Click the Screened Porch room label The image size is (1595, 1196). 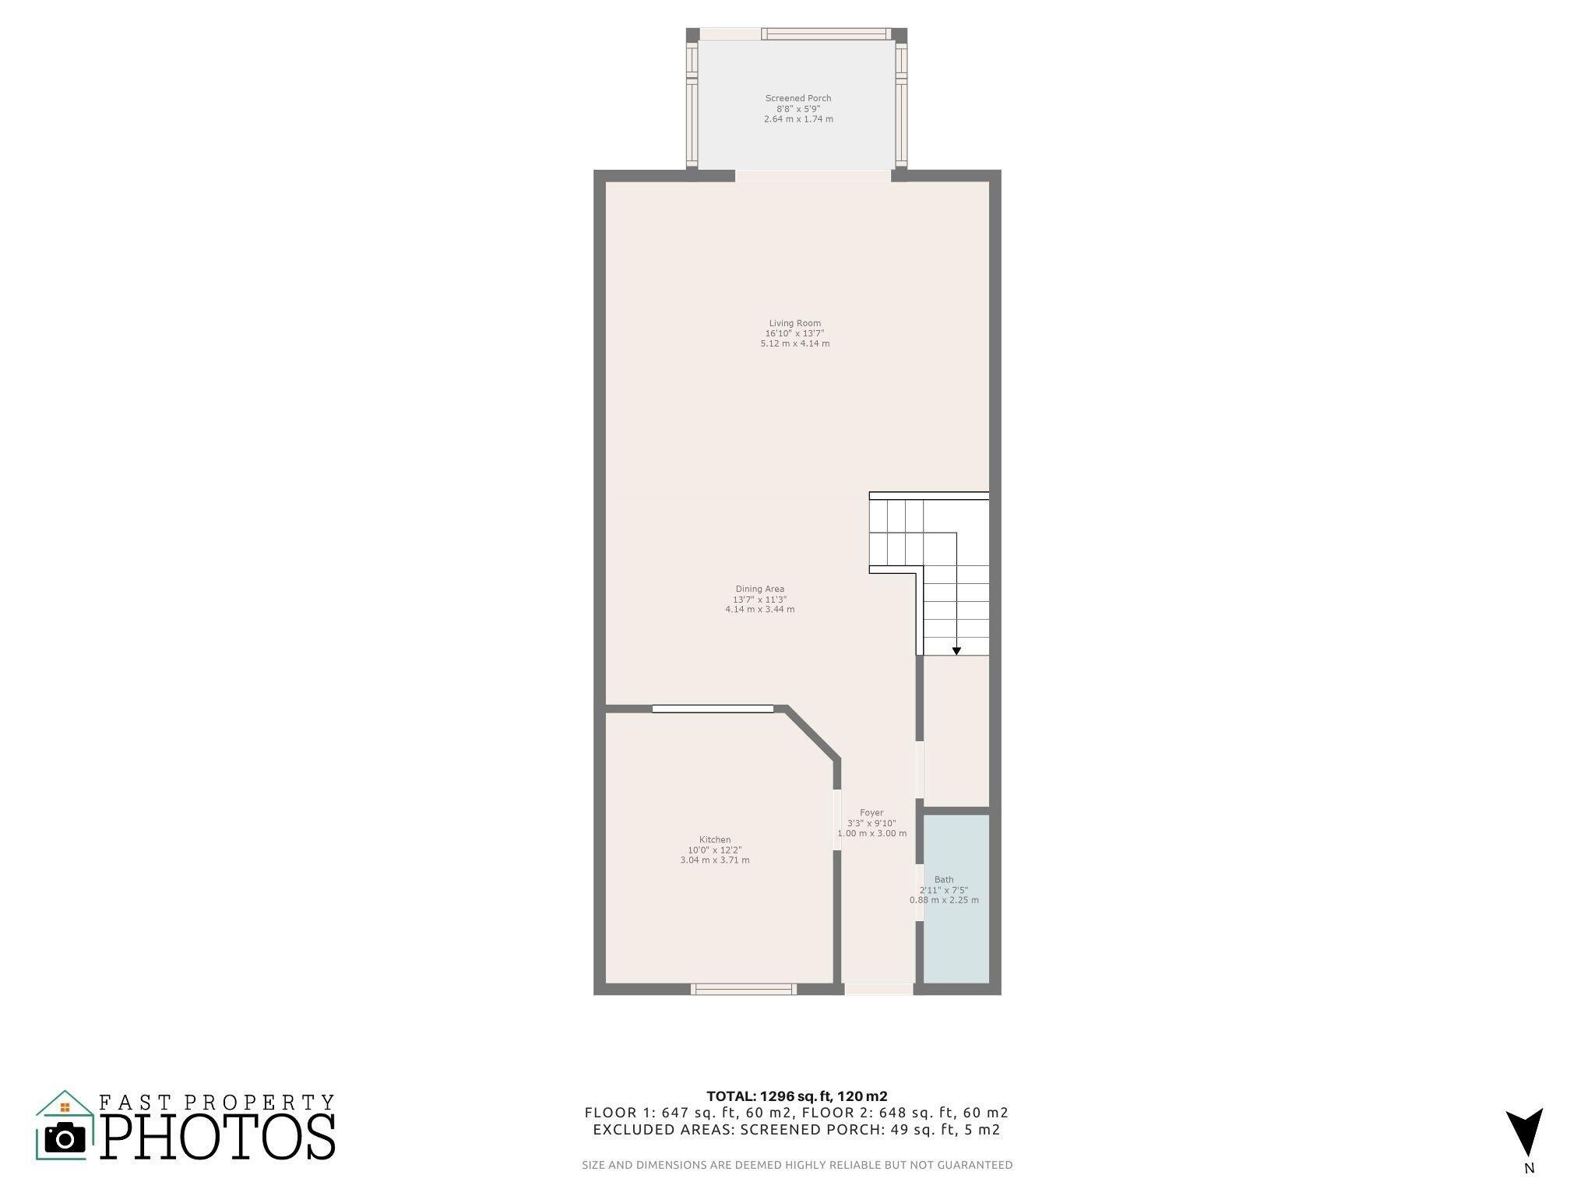click(798, 98)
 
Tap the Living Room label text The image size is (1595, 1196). click(795, 323)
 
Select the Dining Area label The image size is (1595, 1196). click(760, 589)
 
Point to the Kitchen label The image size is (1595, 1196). click(715, 839)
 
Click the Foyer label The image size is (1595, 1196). click(871, 813)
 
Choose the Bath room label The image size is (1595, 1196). click(944, 880)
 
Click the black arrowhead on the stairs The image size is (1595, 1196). click(956, 651)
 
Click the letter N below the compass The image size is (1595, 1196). click(1530, 1168)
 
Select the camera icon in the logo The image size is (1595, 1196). click(65, 1138)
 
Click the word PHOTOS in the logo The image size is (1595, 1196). click(218, 1137)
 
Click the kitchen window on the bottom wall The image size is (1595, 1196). click(744, 989)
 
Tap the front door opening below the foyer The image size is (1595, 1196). click(878, 989)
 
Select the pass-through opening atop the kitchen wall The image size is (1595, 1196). click(713, 709)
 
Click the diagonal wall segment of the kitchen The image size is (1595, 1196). click(812, 733)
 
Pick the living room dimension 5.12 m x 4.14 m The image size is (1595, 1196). click(795, 343)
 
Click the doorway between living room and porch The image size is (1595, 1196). click(813, 175)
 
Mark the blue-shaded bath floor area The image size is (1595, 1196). click(956, 899)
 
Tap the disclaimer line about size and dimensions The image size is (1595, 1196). click(797, 1165)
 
